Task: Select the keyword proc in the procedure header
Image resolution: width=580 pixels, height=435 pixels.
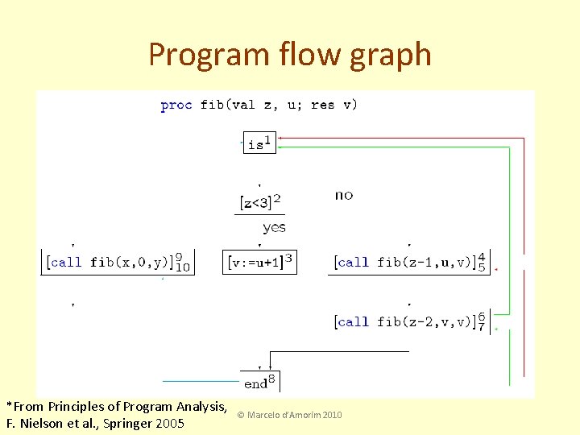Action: click(176, 105)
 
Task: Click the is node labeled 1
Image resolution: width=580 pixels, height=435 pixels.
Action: click(259, 143)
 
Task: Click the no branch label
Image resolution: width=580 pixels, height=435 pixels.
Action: click(344, 195)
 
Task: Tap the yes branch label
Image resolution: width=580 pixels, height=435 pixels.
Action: click(274, 227)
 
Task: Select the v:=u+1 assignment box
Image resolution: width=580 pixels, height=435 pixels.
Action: click(259, 262)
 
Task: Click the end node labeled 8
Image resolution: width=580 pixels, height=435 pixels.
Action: click(259, 381)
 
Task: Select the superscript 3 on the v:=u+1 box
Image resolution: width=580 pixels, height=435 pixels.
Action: click(288, 256)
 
